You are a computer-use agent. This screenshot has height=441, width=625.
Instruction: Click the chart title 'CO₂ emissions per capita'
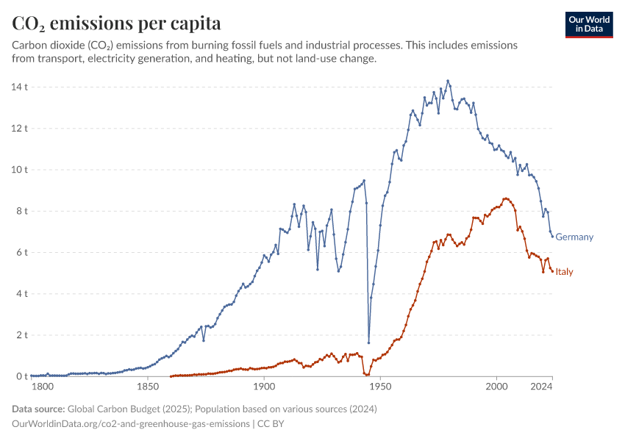click(x=117, y=23)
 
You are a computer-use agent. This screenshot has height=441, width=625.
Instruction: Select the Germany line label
click(x=574, y=237)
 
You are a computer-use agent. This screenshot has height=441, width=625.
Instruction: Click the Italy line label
click(x=564, y=272)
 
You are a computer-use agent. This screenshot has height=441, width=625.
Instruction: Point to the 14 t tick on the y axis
click(x=20, y=87)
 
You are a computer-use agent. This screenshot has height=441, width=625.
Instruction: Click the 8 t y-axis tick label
click(x=21, y=211)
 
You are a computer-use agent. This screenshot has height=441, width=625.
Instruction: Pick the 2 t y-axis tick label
click(x=21, y=335)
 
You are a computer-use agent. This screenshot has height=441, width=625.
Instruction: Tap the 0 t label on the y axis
click(x=21, y=376)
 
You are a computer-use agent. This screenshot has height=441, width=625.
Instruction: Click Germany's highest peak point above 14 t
click(x=448, y=81)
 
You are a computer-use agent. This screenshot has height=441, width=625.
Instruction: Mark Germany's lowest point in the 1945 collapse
click(x=368, y=343)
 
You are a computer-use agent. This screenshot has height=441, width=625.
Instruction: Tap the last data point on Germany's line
click(x=552, y=236)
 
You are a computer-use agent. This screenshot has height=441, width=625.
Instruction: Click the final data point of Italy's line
click(x=552, y=271)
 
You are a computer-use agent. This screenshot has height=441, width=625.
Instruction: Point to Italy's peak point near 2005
click(x=505, y=198)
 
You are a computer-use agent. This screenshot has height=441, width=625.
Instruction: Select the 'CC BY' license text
click(x=273, y=423)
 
